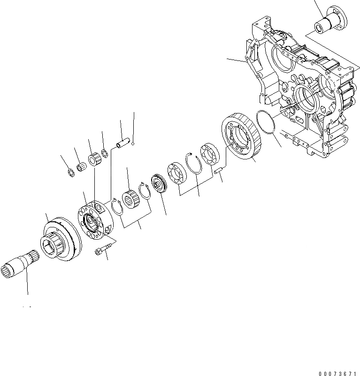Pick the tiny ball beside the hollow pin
tap(133, 144)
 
